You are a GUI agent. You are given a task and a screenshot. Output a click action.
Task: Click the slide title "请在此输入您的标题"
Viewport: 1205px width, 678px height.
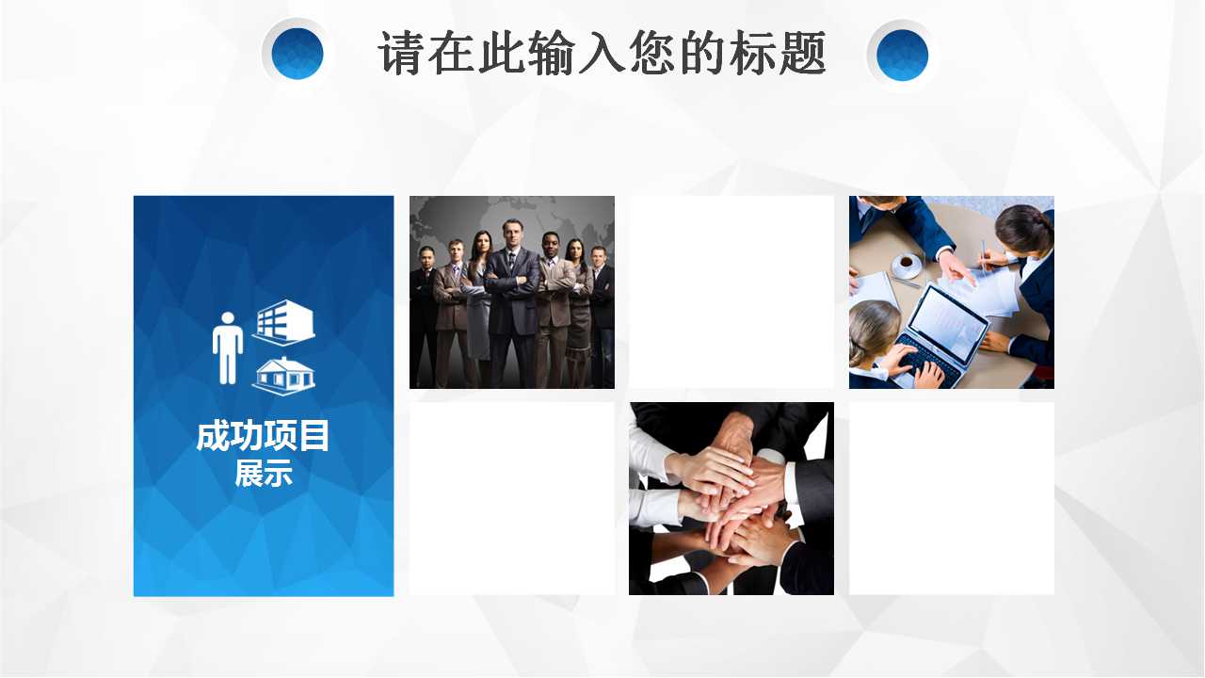point(602,53)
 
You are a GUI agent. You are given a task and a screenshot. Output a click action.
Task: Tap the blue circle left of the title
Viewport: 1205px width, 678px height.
point(297,54)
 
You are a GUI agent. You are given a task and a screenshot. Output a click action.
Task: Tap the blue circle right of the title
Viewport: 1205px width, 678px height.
point(902,55)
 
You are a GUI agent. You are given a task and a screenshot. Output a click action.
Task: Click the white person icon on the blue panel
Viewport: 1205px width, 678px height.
point(228,348)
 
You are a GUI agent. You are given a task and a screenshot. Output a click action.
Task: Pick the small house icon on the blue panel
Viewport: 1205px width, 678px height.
point(283,375)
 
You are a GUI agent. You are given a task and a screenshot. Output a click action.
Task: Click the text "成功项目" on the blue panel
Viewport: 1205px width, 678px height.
point(263,436)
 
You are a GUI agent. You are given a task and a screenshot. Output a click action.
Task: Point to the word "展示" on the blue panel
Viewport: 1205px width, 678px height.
point(263,473)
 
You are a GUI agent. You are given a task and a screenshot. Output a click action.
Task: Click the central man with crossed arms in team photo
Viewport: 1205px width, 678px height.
point(511,292)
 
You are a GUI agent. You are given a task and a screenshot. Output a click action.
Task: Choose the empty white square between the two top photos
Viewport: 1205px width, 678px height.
point(731,292)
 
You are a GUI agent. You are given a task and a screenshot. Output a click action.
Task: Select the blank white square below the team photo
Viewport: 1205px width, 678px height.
point(512,499)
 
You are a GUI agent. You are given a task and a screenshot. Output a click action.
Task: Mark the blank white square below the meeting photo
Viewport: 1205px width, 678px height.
point(951,499)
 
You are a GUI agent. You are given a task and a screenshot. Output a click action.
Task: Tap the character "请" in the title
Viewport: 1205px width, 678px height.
point(401,53)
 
